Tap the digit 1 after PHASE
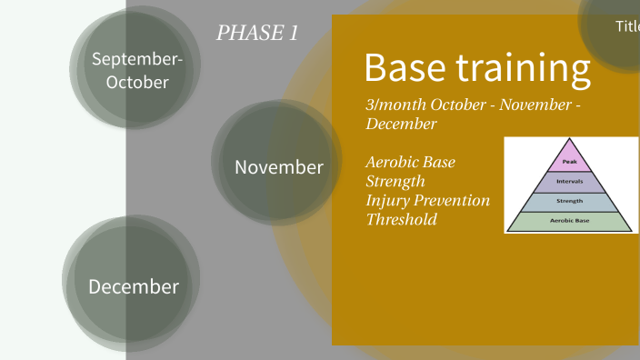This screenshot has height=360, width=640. (x=293, y=34)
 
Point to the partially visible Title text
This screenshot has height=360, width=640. (x=626, y=26)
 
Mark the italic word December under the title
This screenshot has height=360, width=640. (x=401, y=124)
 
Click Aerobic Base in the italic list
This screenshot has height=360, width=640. (x=410, y=162)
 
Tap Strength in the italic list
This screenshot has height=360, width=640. (x=395, y=181)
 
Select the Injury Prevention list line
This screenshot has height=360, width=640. (x=427, y=200)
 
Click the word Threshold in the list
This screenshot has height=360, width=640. (x=401, y=219)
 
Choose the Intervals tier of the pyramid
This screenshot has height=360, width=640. (x=570, y=181)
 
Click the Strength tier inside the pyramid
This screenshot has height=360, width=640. (x=570, y=201)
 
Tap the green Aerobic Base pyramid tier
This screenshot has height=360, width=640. (x=570, y=221)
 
